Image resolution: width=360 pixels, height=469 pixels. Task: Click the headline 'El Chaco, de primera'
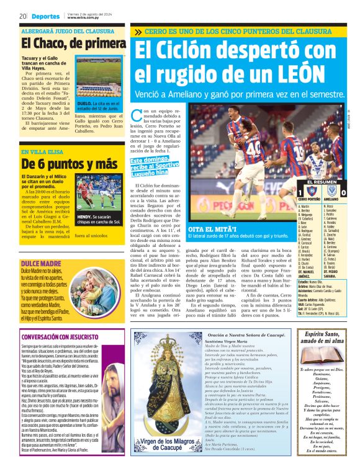tap(73, 43)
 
